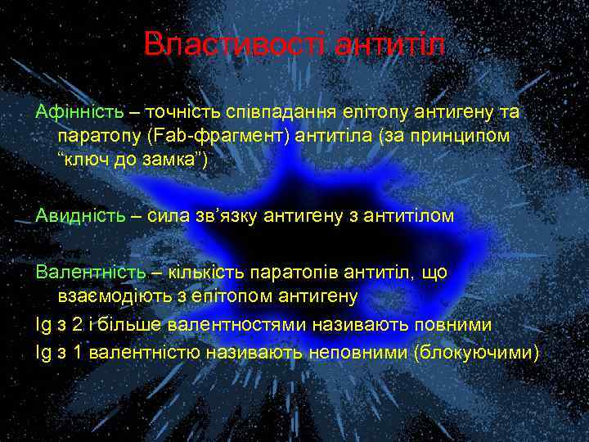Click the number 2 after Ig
[x=77, y=325]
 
